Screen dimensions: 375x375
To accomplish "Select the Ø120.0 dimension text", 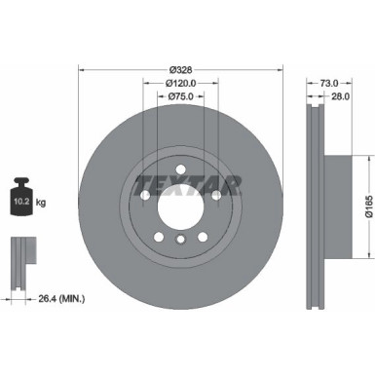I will [179, 83].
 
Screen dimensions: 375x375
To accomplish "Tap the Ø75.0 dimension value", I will [179, 97].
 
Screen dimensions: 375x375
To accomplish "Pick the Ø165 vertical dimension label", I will [367, 200].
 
